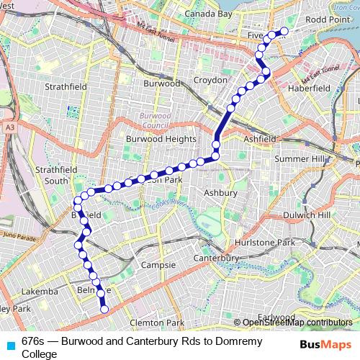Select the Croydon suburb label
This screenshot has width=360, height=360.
[x=210, y=80]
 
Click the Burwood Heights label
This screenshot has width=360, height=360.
[x=161, y=139]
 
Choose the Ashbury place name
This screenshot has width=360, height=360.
[x=220, y=193]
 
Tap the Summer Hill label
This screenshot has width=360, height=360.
[x=301, y=158]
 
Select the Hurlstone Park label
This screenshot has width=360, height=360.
[x=270, y=243]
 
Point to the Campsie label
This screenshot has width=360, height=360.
[x=160, y=265]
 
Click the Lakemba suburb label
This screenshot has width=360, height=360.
[x=40, y=292]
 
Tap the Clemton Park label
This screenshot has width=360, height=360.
[x=158, y=323]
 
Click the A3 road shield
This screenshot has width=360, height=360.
[x=9, y=127]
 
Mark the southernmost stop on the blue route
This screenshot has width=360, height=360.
[x=104, y=310]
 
